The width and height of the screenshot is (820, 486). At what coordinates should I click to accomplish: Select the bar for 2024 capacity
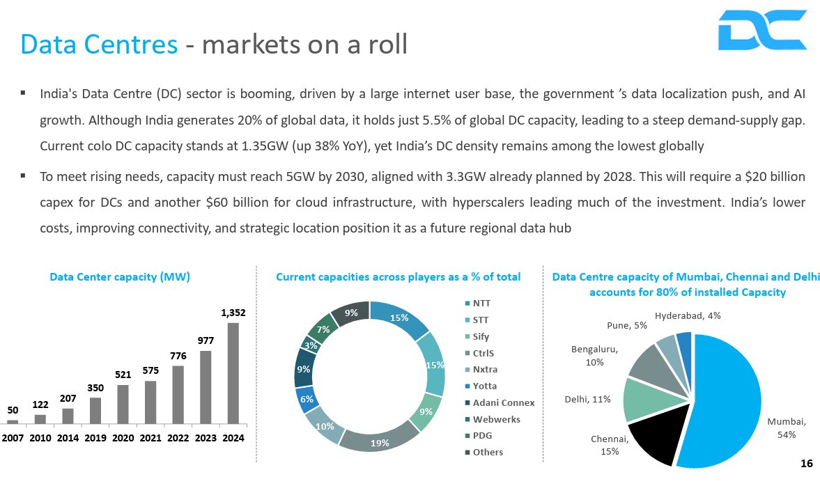point(233,373)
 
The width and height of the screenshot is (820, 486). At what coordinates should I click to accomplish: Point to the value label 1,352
point(233,313)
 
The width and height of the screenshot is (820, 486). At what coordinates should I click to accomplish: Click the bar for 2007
point(13,421)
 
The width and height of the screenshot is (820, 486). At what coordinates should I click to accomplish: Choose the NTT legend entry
point(481,304)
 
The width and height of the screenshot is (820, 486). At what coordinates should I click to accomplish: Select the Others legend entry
point(487,453)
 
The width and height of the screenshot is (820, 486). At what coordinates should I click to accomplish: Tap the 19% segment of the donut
point(380,441)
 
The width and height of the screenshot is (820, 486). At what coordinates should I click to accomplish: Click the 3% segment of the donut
point(309,344)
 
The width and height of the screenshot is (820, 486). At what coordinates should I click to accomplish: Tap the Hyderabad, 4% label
point(688,315)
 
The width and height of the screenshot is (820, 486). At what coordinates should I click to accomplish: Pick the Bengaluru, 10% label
point(594,355)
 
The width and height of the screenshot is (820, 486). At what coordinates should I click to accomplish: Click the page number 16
point(807,464)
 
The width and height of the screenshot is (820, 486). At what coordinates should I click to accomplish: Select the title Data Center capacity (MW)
point(120,277)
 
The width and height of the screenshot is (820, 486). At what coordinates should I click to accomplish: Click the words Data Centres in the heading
point(99,44)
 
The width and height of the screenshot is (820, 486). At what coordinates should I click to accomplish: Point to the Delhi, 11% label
point(587,399)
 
